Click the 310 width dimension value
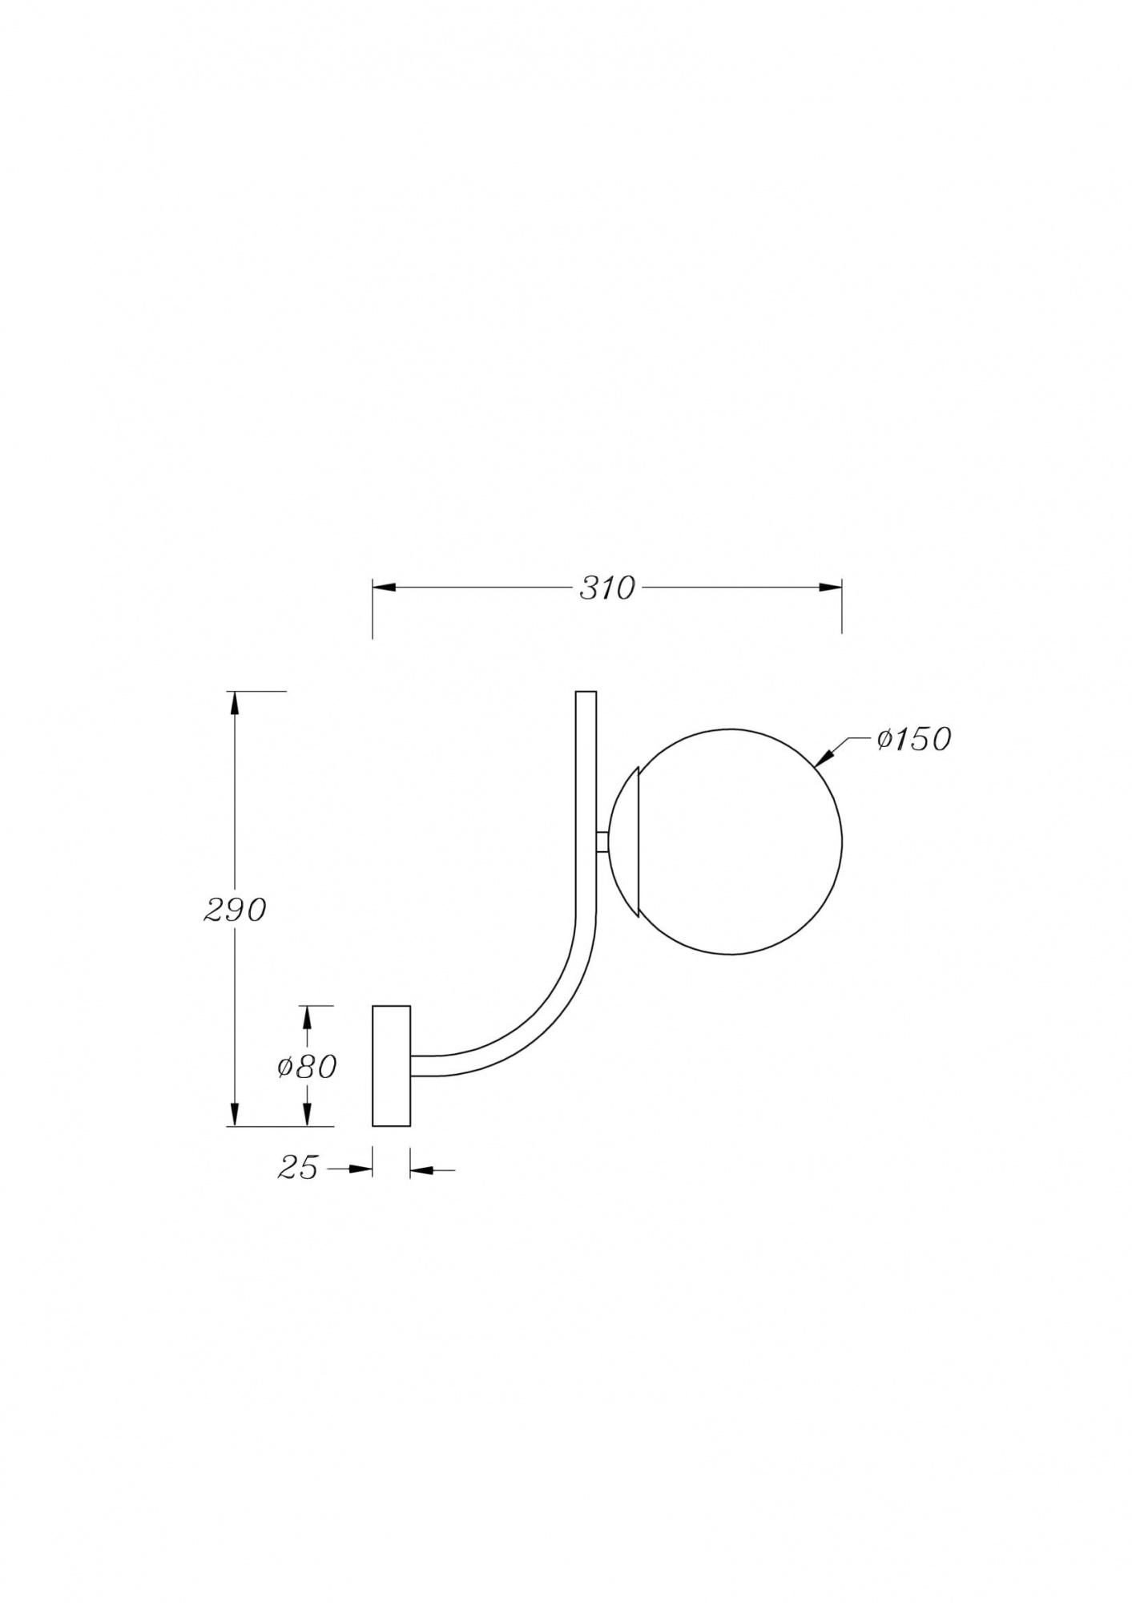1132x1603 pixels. coord(606,588)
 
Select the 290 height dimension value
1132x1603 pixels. coord(234,910)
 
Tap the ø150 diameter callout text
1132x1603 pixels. coord(913,739)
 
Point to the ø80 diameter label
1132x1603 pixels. coord(307,1067)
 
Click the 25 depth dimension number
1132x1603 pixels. coord(298,1169)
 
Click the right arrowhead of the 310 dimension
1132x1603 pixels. coord(830,587)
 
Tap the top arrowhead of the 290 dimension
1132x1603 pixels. coord(234,703)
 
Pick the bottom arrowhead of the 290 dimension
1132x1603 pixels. coord(234,1114)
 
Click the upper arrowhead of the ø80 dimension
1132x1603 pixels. coord(306,1018)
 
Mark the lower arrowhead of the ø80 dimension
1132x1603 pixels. coord(306,1114)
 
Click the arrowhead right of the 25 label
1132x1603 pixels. coord(362,1169)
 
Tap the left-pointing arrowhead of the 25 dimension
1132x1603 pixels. coord(421,1171)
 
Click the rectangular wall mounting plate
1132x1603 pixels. coord(391,1066)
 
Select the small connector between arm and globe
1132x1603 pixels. coord(602,842)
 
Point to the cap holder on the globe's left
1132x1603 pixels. coord(623,842)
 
